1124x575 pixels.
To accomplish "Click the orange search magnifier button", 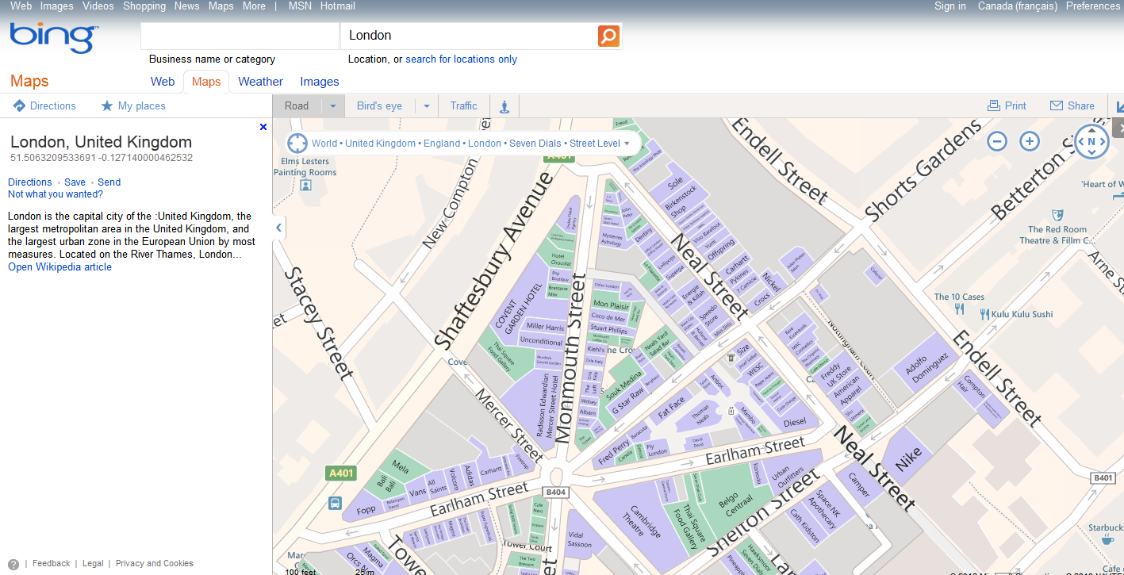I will (x=608, y=36).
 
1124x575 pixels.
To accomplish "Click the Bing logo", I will (x=53, y=37).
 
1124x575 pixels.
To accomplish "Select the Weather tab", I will (x=260, y=82).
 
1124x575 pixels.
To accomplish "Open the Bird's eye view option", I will (x=379, y=106).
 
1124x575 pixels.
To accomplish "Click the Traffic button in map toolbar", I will (x=463, y=106).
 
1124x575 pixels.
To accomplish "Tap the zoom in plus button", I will (x=1030, y=142).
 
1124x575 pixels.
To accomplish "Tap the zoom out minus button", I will (x=997, y=142).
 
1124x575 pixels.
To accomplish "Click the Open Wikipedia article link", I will (x=59, y=267).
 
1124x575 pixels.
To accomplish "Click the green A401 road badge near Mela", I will (x=341, y=473).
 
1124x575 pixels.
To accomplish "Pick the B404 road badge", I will (x=557, y=493).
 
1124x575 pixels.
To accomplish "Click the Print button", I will (x=1007, y=106).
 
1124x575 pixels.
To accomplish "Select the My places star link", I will (x=133, y=106).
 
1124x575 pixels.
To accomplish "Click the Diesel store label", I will (x=794, y=422).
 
